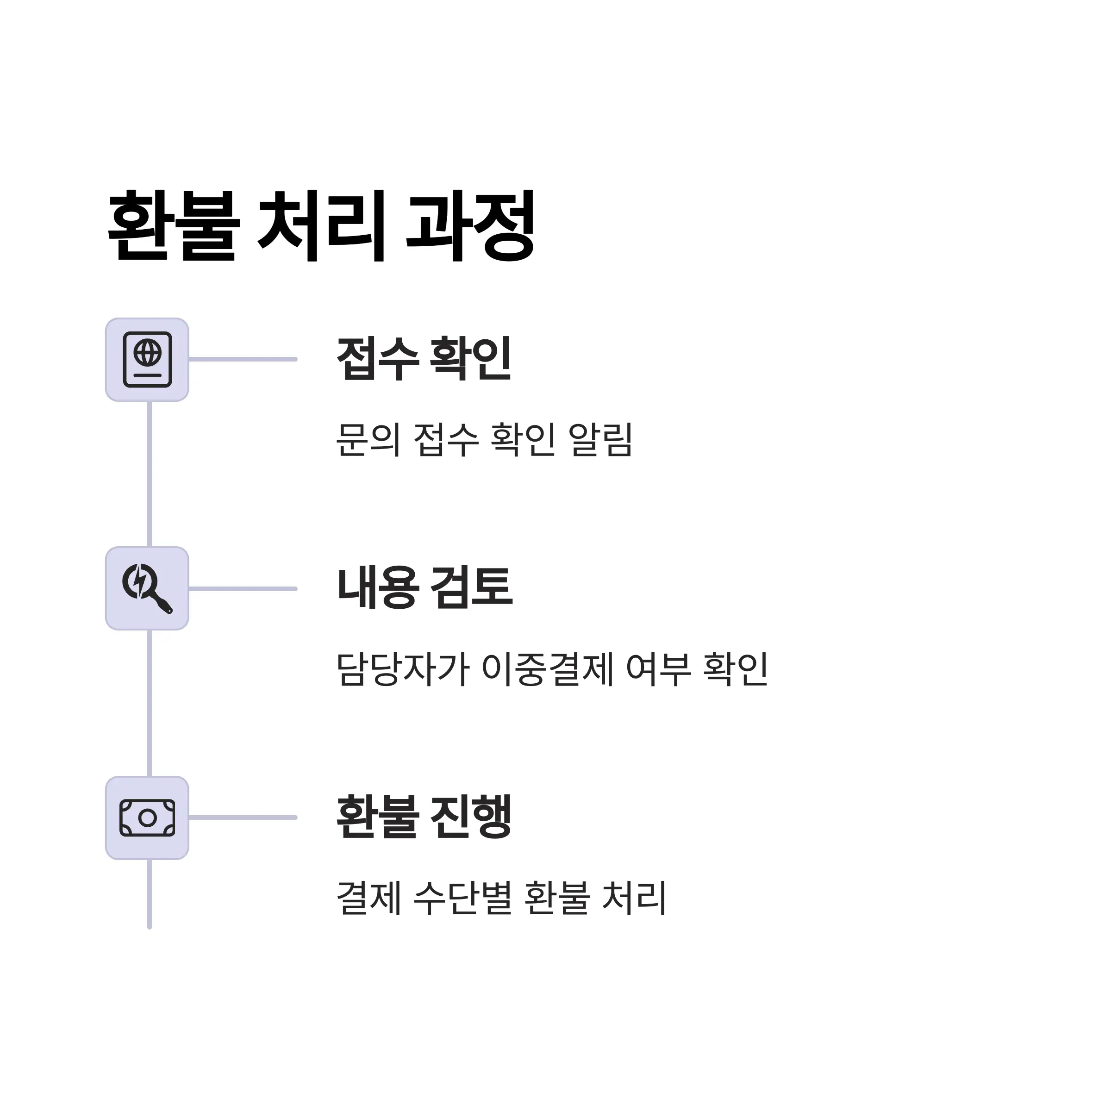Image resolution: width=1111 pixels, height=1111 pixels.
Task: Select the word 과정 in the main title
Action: [470, 226]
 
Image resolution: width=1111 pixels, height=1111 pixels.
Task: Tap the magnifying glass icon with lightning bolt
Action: [147, 589]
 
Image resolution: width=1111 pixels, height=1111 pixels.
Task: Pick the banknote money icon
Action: [147, 818]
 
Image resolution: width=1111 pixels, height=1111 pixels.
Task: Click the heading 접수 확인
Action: [424, 359]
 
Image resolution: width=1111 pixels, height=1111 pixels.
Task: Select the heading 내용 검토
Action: [424, 588]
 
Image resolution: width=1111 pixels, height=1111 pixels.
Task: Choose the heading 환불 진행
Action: [424, 817]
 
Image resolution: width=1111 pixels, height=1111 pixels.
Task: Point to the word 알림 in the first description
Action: [600, 440]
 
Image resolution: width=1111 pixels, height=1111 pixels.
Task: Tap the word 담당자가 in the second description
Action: [403, 669]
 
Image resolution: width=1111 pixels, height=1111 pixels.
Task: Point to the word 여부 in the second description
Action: [658, 669]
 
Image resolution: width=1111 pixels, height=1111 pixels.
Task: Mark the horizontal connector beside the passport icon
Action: [243, 359]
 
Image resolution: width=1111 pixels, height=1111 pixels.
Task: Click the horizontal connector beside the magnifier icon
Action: [243, 589]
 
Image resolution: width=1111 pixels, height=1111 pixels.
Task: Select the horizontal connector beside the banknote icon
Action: [243, 817]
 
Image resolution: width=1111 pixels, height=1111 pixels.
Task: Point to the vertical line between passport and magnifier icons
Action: [150, 474]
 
